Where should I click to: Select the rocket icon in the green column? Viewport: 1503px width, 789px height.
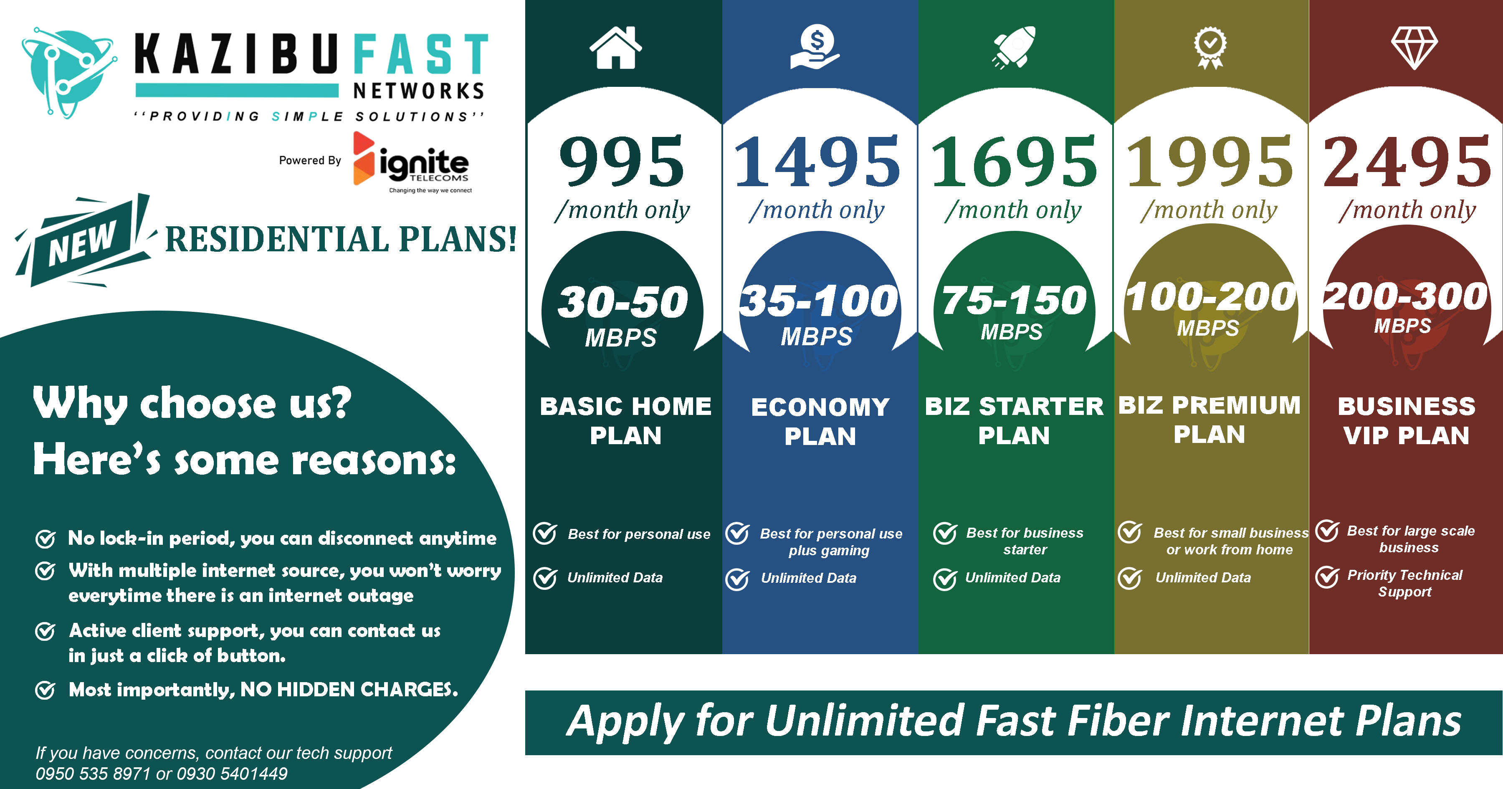(x=1014, y=47)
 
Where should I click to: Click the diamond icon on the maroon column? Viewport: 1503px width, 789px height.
(x=1414, y=48)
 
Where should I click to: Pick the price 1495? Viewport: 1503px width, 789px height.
(x=817, y=162)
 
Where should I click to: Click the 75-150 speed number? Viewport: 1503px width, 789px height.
(x=1014, y=301)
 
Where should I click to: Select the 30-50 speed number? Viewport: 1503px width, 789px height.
(x=622, y=302)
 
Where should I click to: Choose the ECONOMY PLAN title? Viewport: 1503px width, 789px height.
(x=820, y=421)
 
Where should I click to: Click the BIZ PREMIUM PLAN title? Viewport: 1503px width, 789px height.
(x=1209, y=420)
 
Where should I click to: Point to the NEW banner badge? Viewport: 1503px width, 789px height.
(x=83, y=240)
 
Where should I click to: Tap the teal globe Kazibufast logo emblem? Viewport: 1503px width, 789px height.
(x=67, y=73)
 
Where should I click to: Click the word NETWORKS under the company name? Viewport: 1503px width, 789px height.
(x=419, y=91)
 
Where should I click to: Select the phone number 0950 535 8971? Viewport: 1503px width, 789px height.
(x=94, y=774)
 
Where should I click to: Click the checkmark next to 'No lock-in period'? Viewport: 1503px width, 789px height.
(x=46, y=539)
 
